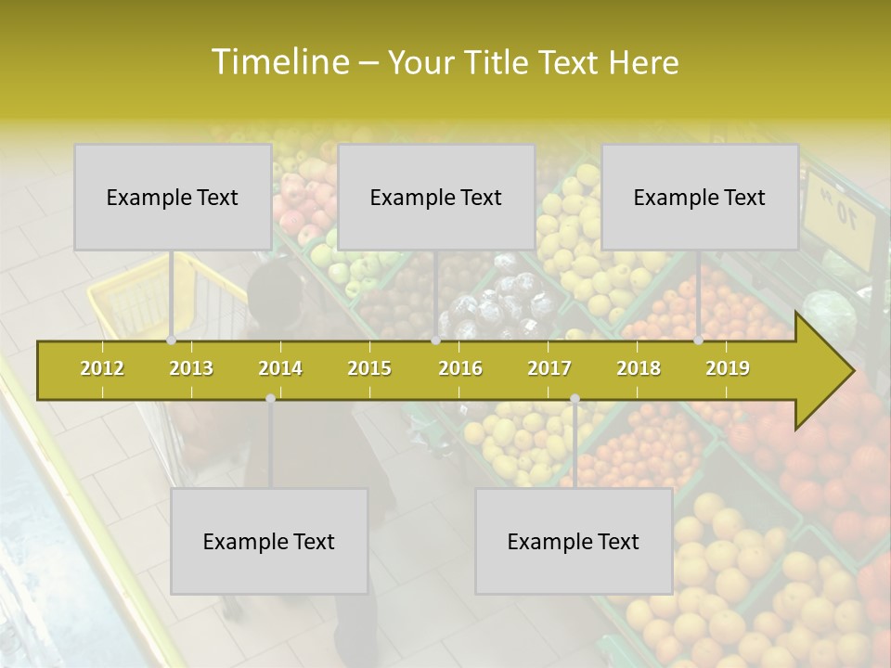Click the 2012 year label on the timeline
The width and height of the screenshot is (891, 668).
click(x=102, y=368)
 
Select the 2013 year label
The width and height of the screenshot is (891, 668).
click(x=191, y=368)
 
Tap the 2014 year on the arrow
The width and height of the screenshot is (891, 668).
click(x=280, y=368)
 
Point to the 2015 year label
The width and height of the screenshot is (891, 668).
click(x=369, y=368)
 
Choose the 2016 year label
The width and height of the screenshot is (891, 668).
click(x=460, y=368)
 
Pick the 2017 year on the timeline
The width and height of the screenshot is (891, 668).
click(x=549, y=368)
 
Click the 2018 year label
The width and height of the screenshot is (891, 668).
click(x=639, y=368)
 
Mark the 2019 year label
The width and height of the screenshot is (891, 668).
click(x=728, y=368)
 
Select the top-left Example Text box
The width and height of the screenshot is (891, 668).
click(x=173, y=198)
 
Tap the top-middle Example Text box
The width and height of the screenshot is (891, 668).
click(x=436, y=198)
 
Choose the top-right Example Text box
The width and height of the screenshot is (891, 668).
click(x=700, y=198)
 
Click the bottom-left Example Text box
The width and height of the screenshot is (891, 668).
click(x=269, y=542)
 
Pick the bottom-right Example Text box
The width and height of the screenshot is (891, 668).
click(x=574, y=542)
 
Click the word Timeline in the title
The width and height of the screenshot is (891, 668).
click(x=278, y=62)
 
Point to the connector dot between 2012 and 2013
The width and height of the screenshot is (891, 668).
click(x=172, y=340)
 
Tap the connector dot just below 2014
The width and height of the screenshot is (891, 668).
click(x=270, y=398)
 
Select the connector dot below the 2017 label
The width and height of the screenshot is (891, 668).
click(x=575, y=398)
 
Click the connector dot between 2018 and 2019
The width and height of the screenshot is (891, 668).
click(x=699, y=340)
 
